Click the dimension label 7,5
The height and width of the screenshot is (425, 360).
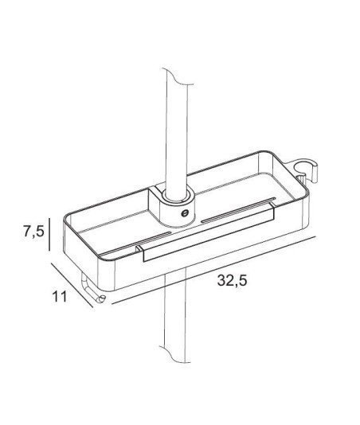pos(33,232)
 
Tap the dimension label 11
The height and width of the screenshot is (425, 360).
pos(59,296)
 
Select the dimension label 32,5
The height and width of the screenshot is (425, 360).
pos(233,280)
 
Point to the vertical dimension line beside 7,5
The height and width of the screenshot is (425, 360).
pos(49,234)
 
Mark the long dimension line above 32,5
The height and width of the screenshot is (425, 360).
pos(214,271)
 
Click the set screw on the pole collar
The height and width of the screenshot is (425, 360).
pos(185,213)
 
